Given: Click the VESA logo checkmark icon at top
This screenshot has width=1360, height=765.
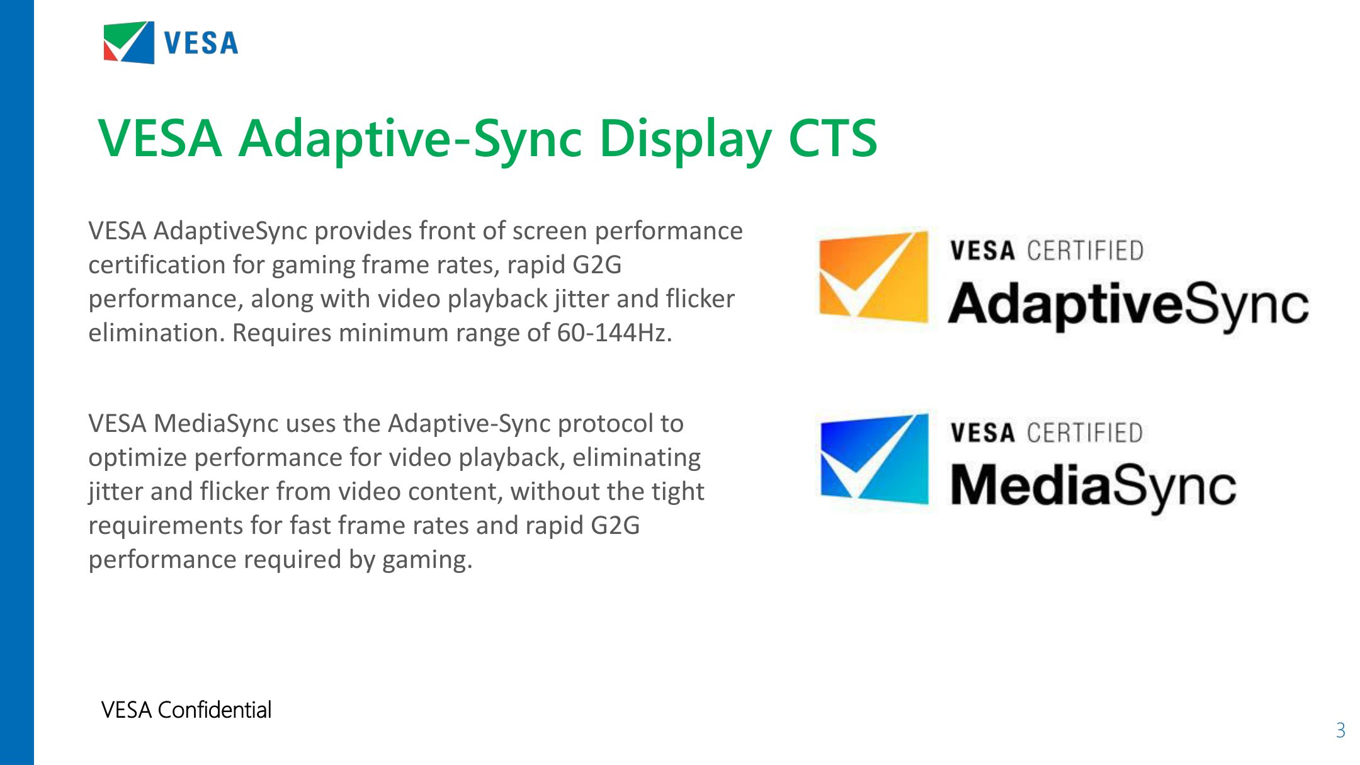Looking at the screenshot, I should pyautogui.click(x=129, y=42).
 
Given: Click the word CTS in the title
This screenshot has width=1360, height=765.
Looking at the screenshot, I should pyautogui.click(x=832, y=139).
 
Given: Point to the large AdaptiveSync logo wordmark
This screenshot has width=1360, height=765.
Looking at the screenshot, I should pyautogui.click(x=1128, y=305).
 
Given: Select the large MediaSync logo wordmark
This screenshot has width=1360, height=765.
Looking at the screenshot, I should pyautogui.click(x=1093, y=486).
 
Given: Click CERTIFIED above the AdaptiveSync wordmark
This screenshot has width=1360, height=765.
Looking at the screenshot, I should pyautogui.click(x=1085, y=251).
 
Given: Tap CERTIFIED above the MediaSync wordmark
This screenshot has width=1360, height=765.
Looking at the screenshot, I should pyautogui.click(x=1085, y=433).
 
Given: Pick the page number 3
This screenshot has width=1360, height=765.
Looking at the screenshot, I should pyautogui.click(x=1340, y=730).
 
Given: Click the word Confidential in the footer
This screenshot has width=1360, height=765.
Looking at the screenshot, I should pyautogui.click(x=214, y=710).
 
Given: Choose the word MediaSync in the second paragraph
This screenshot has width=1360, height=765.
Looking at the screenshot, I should pyautogui.click(x=215, y=424).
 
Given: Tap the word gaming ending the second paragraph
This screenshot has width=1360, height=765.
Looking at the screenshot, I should pyautogui.click(x=426, y=560).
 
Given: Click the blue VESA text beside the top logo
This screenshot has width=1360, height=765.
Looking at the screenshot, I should pyautogui.click(x=201, y=43).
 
